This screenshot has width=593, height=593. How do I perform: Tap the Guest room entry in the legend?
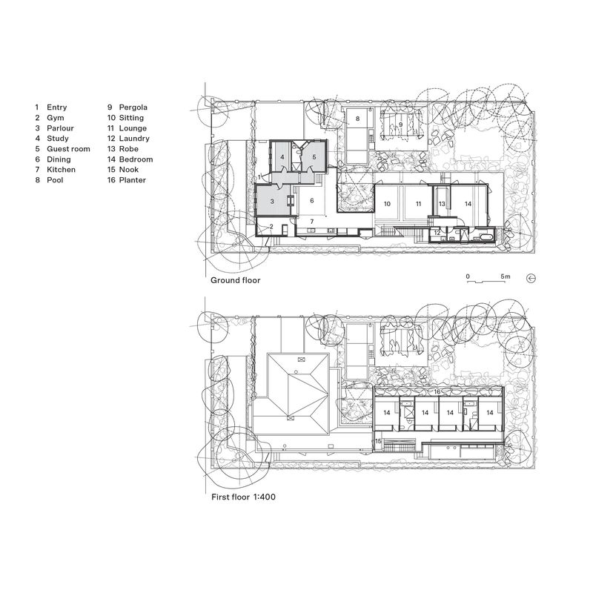pyautogui.click(x=67, y=149)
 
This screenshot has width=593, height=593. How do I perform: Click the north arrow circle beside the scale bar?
pyautogui.click(x=531, y=279)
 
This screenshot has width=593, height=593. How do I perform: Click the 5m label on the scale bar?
pyautogui.click(x=506, y=276)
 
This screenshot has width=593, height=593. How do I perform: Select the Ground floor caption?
pyautogui.click(x=235, y=281)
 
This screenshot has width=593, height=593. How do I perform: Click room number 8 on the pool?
pyautogui.click(x=357, y=119)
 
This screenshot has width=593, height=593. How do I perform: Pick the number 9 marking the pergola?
pyautogui.click(x=401, y=125)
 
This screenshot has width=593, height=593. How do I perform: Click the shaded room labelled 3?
pyautogui.click(x=272, y=201)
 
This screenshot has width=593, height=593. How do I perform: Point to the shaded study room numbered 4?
pyautogui.click(x=283, y=157)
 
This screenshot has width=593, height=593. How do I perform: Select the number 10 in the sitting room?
pyautogui.click(x=386, y=202)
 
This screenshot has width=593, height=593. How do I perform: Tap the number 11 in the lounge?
pyautogui.click(x=418, y=202)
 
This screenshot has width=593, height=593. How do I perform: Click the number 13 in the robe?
pyautogui.click(x=442, y=202)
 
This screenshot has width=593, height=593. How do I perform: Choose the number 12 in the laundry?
pyautogui.click(x=437, y=233)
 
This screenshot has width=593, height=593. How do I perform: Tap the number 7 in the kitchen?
pyautogui.click(x=312, y=221)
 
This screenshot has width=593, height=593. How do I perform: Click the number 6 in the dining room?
pyautogui.click(x=312, y=201)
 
